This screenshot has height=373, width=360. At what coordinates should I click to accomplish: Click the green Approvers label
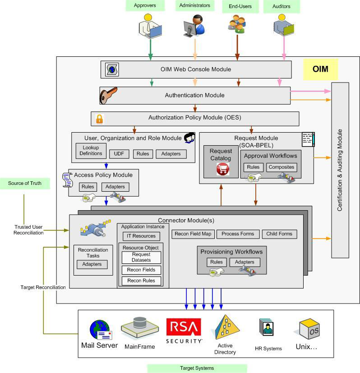pyautogui.click(x=145, y=6)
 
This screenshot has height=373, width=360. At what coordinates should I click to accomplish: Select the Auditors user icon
pyautogui.click(x=284, y=26)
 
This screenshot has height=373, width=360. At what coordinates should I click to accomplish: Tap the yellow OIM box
pyautogui.click(x=320, y=69)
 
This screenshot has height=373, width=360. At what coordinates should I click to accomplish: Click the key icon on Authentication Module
pyautogui.click(x=108, y=95)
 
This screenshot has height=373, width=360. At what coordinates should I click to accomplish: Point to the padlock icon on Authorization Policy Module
pyautogui.click(x=99, y=119)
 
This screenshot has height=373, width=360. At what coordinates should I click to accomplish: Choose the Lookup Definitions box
pyautogui.click(x=91, y=151)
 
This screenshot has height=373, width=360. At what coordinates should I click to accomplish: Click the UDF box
pyautogui.click(x=119, y=154)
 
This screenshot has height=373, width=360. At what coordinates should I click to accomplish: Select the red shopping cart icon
pyautogui.click(x=223, y=169)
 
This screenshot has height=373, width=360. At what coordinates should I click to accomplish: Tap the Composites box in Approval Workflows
pyautogui.click(x=281, y=167)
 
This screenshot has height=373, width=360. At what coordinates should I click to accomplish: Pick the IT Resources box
pyautogui.click(x=141, y=236)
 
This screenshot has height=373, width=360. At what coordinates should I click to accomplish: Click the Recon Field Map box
pyautogui.click(x=193, y=234)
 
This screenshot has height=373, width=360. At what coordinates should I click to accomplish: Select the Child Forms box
pyautogui.click(x=279, y=234)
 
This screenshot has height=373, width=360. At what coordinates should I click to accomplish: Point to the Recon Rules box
pyautogui.click(x=141, y=281)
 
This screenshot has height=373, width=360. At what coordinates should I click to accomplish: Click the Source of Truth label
pyautogui.click(x=25, y=183)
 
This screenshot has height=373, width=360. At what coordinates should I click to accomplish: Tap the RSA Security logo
pyautogui.click(x=184, y=331)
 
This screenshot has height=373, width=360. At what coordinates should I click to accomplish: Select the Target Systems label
pyautogui.click(x=197, y=368)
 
